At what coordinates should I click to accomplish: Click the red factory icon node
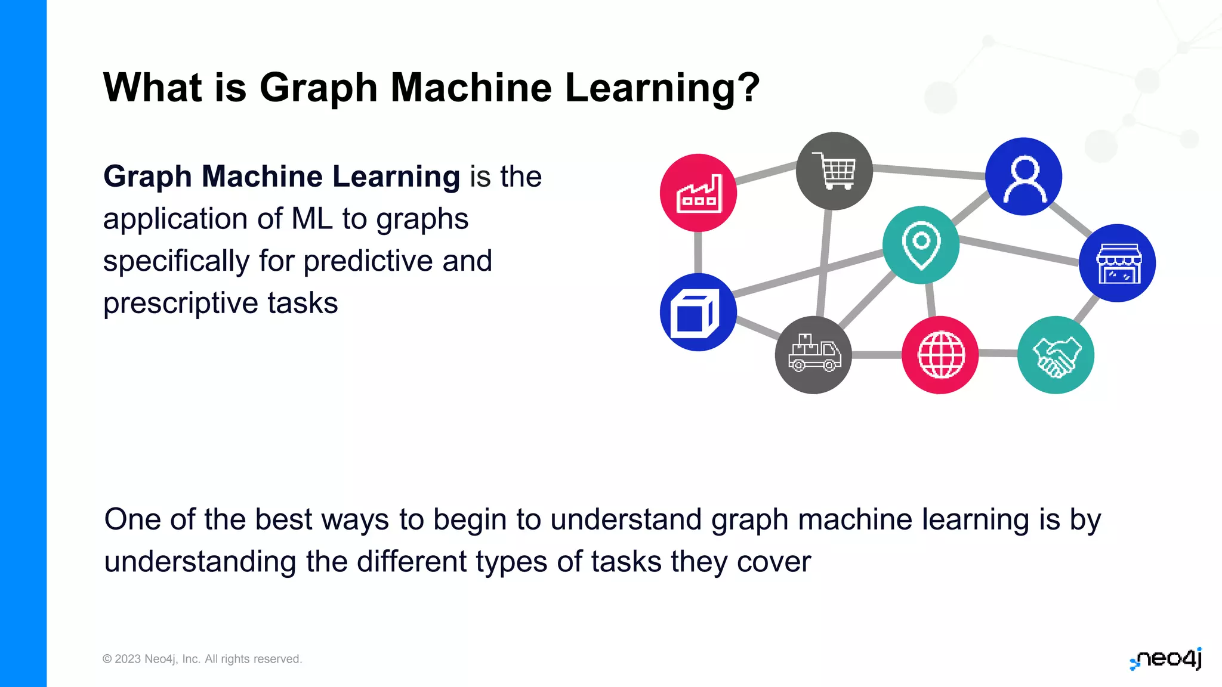point(698,193)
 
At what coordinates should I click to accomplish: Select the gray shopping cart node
point(834,171)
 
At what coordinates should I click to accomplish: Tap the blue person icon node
point(1023,177)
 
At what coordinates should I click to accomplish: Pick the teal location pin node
point(921,245)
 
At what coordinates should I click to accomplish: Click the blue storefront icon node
point(1117,263)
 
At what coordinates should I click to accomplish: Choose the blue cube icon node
point(698,312)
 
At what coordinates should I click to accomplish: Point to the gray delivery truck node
point(813,355)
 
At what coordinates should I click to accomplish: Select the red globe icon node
point(940,355)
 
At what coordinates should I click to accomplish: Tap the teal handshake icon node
point(1056,355)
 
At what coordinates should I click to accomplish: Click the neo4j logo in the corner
point(1167,659)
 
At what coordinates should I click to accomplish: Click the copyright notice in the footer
point(202,659)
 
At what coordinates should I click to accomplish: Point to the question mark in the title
point(749,88)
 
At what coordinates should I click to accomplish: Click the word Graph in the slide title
point(319,88)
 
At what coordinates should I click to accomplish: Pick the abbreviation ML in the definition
point(312,219)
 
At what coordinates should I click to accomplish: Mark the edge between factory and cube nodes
point(698,252)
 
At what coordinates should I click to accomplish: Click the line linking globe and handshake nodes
point(998,354)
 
